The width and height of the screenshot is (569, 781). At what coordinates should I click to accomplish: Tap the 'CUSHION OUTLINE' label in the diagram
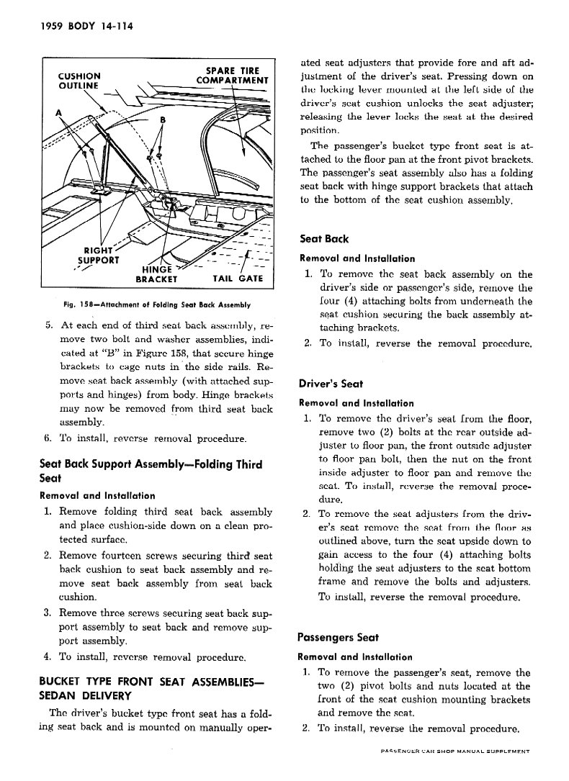point(79,81)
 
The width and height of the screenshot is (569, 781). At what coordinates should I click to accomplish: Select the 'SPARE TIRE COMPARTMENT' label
point(232,76)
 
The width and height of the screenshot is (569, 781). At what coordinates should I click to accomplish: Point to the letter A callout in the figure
point(59,113)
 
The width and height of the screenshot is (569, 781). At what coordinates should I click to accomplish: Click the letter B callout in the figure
point(163,119)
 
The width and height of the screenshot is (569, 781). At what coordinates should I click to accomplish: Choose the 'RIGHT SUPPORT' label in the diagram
point(99,255)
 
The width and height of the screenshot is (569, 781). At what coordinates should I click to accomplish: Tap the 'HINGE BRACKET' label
point(156,274)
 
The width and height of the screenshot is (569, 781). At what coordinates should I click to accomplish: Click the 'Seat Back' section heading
point(324,238)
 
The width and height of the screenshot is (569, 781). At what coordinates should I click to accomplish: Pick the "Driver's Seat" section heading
point(331,384)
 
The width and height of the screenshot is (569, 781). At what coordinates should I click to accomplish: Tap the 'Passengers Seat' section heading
point(338,637)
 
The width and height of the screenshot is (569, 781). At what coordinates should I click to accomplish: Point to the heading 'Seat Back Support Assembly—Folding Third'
point(151,464)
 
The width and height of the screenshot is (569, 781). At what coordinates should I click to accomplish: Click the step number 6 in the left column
point(48,439)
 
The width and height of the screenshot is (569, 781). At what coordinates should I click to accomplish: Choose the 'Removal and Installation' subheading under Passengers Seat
point(355,657)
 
